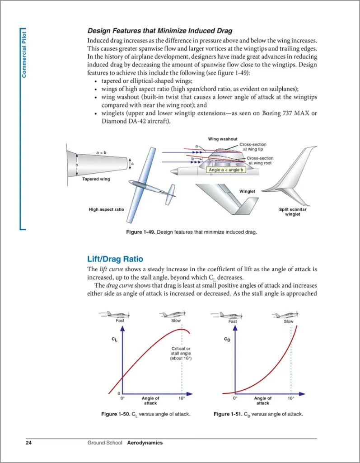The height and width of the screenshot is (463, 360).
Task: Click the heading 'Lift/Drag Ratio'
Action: [115, 259]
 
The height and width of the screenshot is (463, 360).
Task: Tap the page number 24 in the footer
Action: [29, 443]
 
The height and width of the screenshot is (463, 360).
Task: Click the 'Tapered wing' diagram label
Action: [96, 179]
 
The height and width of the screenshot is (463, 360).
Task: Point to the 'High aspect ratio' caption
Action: [106, 209]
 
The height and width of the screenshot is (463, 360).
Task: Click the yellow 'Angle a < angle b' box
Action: [226, 170]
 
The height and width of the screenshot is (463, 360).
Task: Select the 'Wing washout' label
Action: [222, 139]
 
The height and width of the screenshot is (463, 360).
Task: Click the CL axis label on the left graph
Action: [114, 339]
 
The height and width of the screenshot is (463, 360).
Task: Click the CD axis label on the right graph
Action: [227, 339]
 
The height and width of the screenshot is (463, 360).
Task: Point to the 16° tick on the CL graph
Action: [182, 398]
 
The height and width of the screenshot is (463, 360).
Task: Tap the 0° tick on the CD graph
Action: [235, 398]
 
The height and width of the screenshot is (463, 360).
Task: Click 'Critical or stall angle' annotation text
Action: [181, 353]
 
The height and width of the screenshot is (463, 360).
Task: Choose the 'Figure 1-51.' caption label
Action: [229, 414]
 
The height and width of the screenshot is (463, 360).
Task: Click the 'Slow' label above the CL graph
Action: [176, 321]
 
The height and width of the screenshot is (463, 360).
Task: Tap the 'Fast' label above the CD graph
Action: [233, 321]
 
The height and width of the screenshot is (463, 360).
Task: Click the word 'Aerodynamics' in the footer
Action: [145, 443]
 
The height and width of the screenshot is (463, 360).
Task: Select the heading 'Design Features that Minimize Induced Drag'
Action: [159, 31]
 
